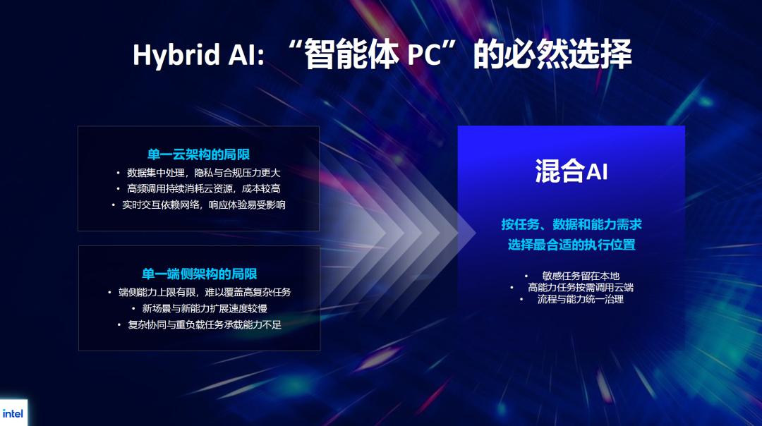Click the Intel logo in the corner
click(x=13, y=413)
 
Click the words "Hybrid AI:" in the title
click(x=199, y=55)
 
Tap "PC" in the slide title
click(x=424, y=54)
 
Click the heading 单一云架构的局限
click(x=198, y=154)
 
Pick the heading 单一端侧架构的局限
click(x=199, y=274)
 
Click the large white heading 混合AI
click(x=571, y=171)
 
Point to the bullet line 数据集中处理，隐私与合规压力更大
click(x=204, y=172)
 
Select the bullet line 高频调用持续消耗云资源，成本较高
click(x=204, y=188)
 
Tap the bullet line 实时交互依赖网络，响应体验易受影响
click(x=204, y=205)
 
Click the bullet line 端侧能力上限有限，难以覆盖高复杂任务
click(x=205, y=292)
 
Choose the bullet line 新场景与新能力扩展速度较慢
click(x=205, y=308)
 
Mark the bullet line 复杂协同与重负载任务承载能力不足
click(x=205, y=324)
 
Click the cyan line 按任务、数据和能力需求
click(x=571, y=224)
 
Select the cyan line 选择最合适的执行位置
click(x=571, y=244)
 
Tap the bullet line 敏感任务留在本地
click(x=581, y=276)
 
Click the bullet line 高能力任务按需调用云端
click(x=581, y=287)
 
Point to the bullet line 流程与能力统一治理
click(x=581, y=299)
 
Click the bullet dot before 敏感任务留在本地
click(x=526, y=276)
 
